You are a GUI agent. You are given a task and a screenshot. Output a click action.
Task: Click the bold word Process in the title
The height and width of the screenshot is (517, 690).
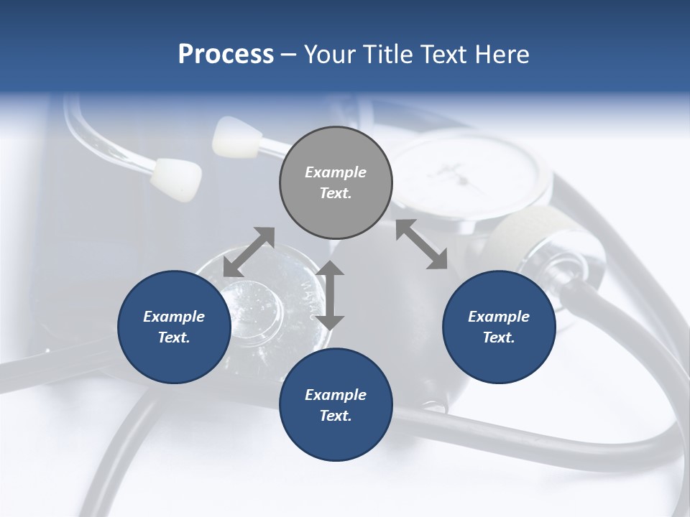[x=226, y=55]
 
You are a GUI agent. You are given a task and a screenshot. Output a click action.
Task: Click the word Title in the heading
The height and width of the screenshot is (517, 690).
[x=386, y=55]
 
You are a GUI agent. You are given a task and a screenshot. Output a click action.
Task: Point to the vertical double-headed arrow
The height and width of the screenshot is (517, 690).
[x=331, y=295]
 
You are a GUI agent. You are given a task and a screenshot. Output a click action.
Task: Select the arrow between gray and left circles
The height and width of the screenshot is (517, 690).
[x=249, y=251]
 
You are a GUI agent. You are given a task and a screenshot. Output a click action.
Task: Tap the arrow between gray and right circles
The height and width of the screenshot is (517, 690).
[x=421, y=244]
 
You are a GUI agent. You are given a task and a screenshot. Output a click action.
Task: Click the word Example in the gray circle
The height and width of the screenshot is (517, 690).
[x=336, y=172]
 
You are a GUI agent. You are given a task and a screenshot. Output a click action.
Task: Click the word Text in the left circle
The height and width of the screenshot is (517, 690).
[x=174, y=337]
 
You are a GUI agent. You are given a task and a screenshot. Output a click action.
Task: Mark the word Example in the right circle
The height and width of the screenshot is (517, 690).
[x=499, y=317]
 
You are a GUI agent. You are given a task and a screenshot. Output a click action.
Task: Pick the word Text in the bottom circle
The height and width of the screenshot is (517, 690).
[x=335, y=416]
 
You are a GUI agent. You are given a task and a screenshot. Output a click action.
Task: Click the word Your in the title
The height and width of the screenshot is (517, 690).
[x=330, y=55]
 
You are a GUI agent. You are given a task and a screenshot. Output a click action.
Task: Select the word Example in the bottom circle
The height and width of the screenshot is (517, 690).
[x=336, y=395]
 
